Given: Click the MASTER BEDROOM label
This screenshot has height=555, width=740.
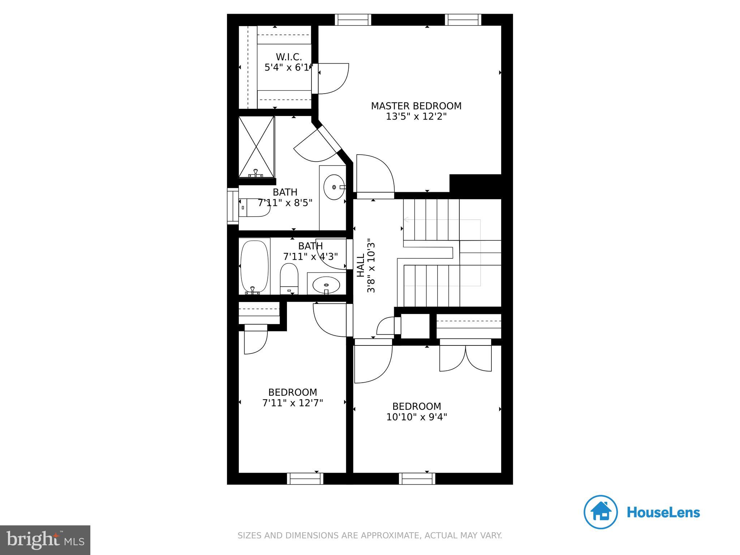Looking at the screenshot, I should click(x=416, y=106).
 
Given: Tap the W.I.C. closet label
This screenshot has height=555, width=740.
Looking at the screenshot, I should click(x=289, y=57).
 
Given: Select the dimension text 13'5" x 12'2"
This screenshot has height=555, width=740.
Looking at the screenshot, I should click(x=416, y=117).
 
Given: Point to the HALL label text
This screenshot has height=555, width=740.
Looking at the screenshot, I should click(x=361, y=265).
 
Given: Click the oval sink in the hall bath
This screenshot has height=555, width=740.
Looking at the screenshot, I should click(x=326, y=284).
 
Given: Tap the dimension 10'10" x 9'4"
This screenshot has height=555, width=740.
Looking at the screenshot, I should click(x=417, y=417).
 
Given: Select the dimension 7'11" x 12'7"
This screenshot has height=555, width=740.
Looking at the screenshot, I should click(x=293, y=403).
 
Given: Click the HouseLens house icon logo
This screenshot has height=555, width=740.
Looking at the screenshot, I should click(x=601, y=512).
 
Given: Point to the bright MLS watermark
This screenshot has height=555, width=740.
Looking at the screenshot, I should click(x=45, y=540).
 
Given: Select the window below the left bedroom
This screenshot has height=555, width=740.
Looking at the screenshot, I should click(x=305, y=479).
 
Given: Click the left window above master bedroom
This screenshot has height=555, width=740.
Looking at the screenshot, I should click(x=353, y=20).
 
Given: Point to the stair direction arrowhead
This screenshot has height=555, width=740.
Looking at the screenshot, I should click(x=406, y=219).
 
